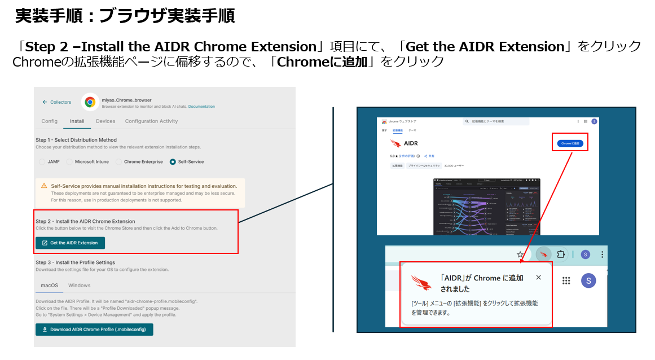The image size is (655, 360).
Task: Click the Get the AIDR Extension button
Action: point(70,243)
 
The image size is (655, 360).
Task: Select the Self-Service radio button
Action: point(173,162)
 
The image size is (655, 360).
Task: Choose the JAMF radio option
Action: point(42,162)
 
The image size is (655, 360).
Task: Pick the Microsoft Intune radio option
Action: point(70,162)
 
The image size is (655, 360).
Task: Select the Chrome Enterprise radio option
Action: point(119,162)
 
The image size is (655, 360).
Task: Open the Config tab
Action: point(50,121)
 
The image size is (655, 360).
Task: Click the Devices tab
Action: point(105,121)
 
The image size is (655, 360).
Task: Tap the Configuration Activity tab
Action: point(151,121)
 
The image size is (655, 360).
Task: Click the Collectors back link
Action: point(57,102)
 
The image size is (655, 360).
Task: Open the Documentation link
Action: point(201,106)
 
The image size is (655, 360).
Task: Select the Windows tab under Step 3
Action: point(80,286)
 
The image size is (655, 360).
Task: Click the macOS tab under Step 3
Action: point(49,286)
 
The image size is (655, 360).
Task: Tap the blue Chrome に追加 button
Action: point(570,144)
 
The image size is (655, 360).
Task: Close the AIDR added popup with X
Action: point(538,278)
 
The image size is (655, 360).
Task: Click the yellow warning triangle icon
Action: point(44,186)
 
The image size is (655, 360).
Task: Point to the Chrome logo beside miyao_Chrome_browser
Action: point(89,102)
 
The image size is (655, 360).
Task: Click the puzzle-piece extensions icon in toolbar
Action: point(560,254)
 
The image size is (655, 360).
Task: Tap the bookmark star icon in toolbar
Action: point(520,254)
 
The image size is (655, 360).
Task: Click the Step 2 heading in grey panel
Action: point(85,221)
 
